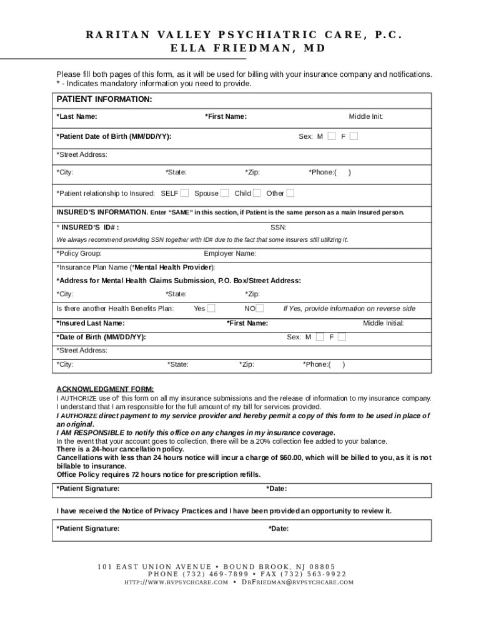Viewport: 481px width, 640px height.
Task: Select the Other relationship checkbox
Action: pos(290,193)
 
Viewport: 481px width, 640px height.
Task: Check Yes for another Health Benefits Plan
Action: pos(212,308)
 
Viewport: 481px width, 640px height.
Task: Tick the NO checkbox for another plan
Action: pos(260,308)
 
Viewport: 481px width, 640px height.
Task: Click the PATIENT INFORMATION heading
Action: pos(104,99)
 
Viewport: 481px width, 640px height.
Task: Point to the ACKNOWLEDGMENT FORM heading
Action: pos(105,389)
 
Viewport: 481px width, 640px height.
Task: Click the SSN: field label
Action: pos(278,227)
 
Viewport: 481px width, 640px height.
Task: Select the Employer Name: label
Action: pos(230,254)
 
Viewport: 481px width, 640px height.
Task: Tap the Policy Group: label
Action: pos(79,254)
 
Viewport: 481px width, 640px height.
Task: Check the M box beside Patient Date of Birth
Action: pos(331,136)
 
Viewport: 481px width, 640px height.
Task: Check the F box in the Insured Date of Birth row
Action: pos(342,337)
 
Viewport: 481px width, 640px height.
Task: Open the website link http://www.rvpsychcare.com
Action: pos(176,582)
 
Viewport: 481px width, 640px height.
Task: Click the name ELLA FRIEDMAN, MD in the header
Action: pos(241,49)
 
